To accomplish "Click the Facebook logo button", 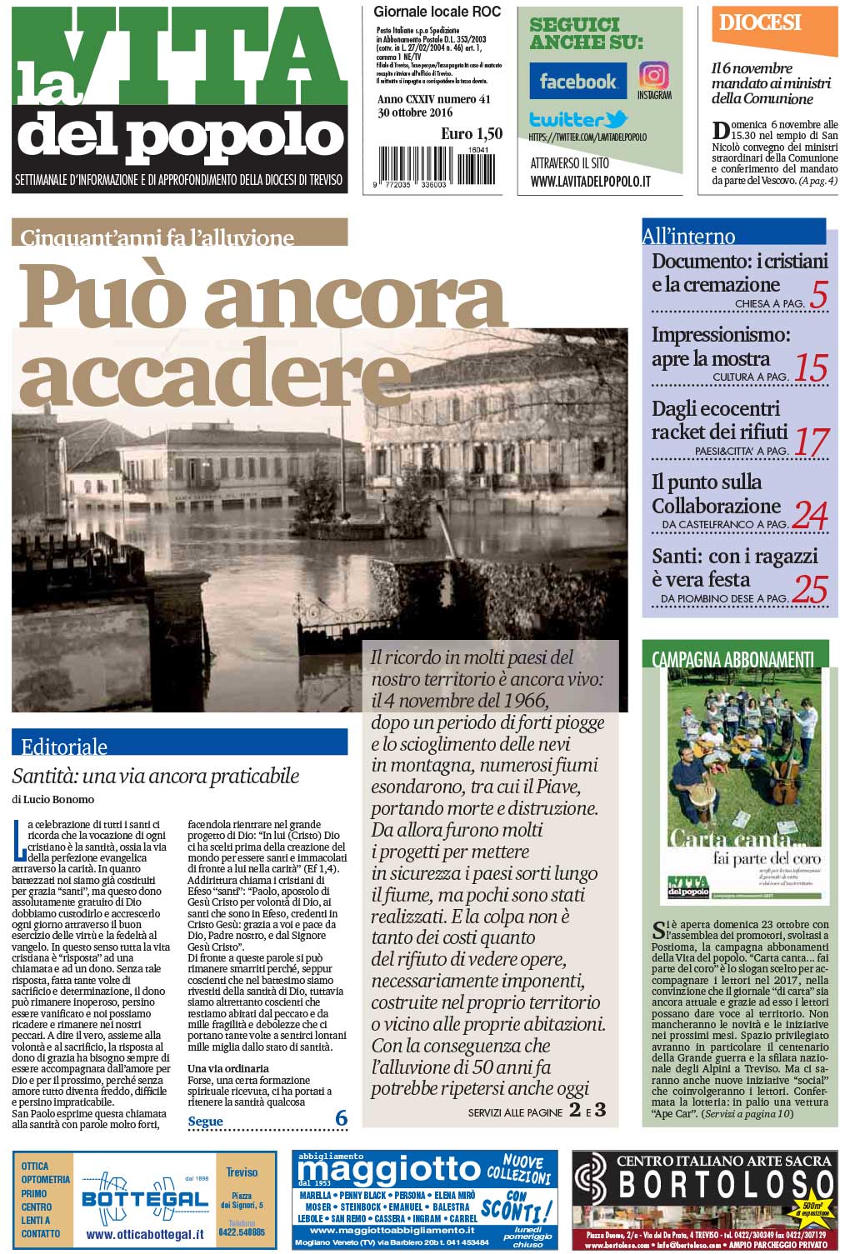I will [577, 81].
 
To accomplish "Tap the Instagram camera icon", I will [653, 76].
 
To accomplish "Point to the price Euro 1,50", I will [472, 133].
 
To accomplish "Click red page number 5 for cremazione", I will [818, 296].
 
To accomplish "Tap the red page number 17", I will [811, 442].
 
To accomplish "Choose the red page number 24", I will [809, 516].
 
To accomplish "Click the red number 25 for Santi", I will [809, 589].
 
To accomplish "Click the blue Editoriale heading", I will [64, 746].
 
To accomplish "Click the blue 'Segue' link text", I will [205, 1121].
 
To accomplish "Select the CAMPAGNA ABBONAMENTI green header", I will [732, 658].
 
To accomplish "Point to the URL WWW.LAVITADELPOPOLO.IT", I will [590, 181].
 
